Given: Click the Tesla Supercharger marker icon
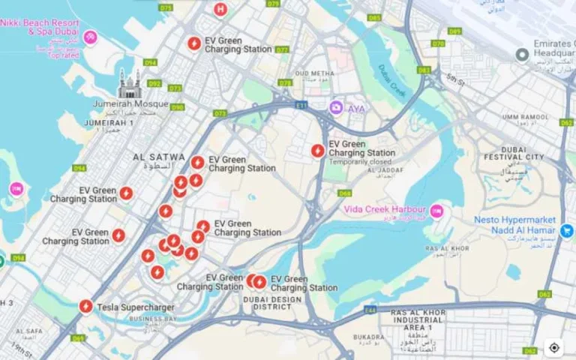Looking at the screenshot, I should coord(86,307).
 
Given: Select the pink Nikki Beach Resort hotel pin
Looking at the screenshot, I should coord(90,37).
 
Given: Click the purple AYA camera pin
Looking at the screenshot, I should coord(337,108).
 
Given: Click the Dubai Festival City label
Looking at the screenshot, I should coord(514,153).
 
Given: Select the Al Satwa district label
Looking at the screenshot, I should coord(158,157).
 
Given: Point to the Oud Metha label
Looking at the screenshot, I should coord(314,73).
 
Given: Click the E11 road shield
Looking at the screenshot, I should coord(301,106).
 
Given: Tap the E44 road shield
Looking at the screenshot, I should coord(369,310).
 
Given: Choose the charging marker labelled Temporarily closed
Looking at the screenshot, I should coord(318,151).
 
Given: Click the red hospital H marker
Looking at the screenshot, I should coord(220,10).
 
